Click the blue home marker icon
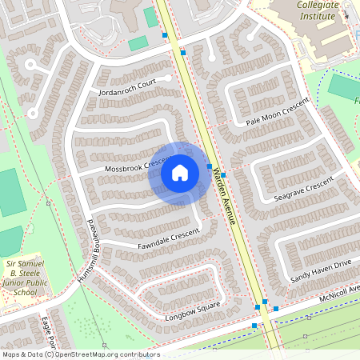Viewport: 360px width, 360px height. (180, 173)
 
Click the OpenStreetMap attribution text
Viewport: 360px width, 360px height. (80, 354)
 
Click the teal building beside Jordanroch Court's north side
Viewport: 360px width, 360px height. (138, 43)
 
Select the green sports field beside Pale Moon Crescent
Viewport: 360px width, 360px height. (345, 86)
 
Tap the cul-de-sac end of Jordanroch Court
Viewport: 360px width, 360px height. (166, 78)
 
